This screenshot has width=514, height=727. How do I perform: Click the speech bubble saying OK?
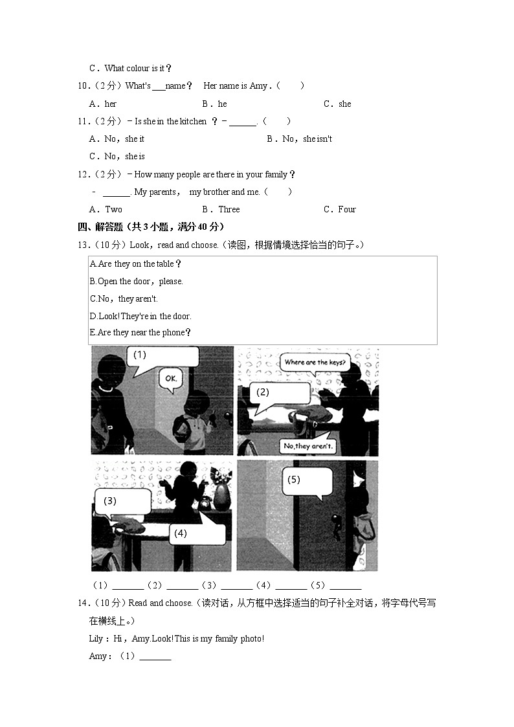pos(171,378)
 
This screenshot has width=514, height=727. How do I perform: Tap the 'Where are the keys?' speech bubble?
pos(315,363)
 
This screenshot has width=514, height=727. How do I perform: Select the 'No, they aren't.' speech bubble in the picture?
pos(307,446)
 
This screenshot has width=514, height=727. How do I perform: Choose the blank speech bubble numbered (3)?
pos(123,501)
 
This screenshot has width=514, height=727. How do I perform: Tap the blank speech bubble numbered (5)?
pos(307,481)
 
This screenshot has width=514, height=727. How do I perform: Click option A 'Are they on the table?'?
pos(136,263)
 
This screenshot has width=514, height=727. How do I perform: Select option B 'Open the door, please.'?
pos(137,281)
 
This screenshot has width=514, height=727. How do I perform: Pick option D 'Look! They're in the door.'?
pos(140,316)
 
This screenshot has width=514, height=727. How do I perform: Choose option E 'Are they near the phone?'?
pos(140,333)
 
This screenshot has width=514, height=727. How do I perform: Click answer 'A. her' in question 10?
pos(103,104)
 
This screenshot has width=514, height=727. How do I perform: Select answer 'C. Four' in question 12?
pos(340,209)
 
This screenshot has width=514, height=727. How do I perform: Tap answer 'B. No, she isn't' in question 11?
pos(299,139)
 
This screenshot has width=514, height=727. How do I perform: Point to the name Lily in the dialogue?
pos(96,639)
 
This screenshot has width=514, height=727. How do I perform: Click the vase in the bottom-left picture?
pos(221,494)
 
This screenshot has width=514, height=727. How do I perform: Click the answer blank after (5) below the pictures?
pos(345,586)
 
